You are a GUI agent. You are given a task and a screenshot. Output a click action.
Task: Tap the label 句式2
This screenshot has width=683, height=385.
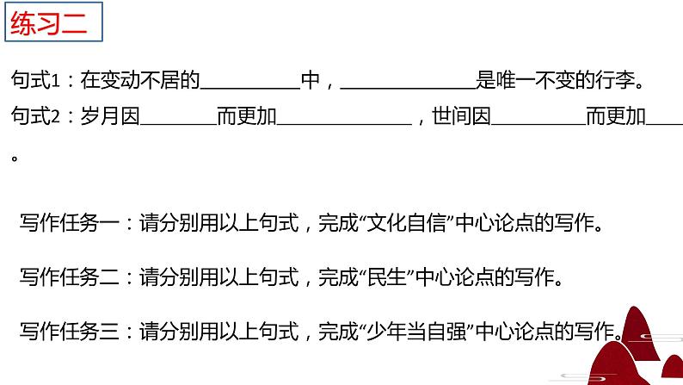[34, 117]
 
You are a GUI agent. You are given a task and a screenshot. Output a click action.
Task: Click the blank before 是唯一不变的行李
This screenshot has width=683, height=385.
[408, 86]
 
